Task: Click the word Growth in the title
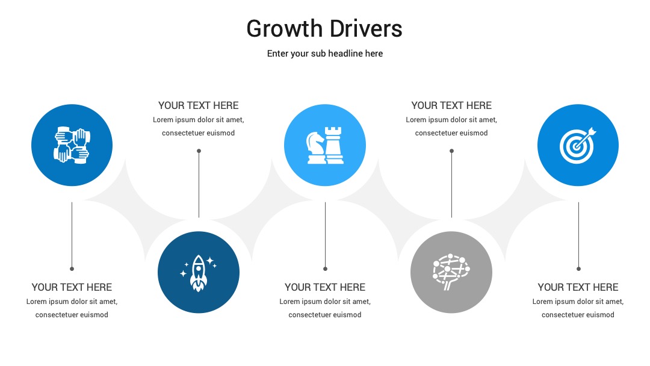[284, 29]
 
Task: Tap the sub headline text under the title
[325, 54]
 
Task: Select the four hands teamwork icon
[72, 145]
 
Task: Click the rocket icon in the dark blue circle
[199, 273]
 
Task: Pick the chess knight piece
[316, 147]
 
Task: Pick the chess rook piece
[334, 145]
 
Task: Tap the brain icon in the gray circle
[451, 272]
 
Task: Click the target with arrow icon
[578, 145]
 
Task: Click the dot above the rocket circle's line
[199, 151]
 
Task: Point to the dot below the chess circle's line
[326, 268]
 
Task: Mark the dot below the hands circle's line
[72, 268]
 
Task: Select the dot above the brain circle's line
[452, 151]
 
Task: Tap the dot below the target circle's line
[579, 268]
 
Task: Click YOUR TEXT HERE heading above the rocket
[199, 106]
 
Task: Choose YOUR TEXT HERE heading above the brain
[451, 106]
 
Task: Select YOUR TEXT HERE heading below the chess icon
[325, 287]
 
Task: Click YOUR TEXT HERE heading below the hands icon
[72, 287]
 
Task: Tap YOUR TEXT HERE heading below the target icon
[578, 287]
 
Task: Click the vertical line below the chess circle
[326, 235]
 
